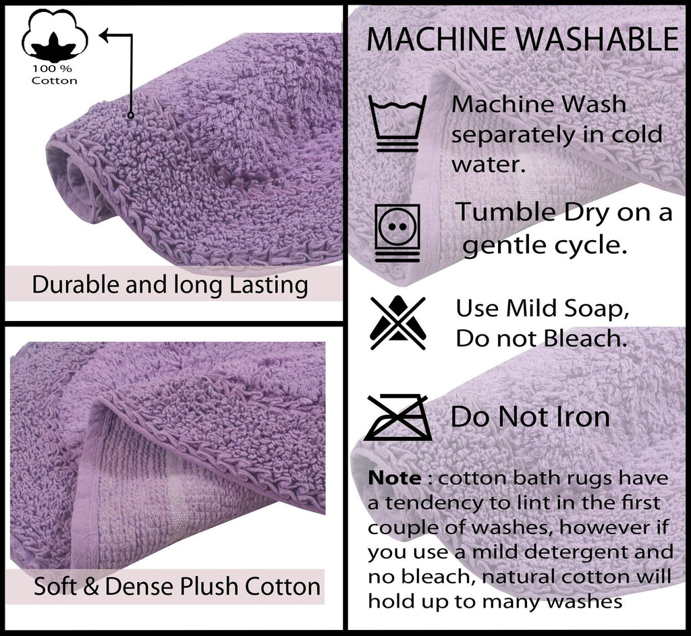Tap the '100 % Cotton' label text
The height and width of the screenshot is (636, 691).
tap(55, 75)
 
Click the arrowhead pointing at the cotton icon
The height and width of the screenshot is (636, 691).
tap(105, 35)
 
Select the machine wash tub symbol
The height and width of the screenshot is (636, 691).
tap(398, 123)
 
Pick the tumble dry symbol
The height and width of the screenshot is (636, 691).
tap(397, 233)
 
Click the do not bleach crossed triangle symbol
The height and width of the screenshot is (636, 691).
tap(398, 323)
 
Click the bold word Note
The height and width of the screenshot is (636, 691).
tap(394, 478)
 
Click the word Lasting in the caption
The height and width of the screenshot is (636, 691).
tap(269, 285)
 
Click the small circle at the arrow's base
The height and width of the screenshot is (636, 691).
tap(130, 115)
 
